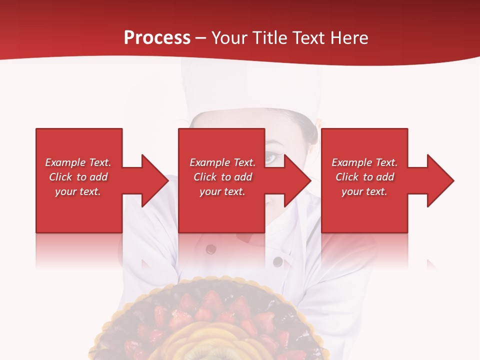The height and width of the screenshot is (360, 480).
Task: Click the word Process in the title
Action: click(157, 37)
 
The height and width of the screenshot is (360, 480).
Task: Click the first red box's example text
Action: click(78, 177)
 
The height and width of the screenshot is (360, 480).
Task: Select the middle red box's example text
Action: click(222, 177)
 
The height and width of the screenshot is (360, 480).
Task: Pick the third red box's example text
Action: click(364, 177)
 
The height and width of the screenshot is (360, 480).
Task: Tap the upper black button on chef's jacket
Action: click(210, 249)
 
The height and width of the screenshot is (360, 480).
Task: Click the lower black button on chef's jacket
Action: click(276, 261)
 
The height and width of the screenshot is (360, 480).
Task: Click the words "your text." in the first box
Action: click(78, 191)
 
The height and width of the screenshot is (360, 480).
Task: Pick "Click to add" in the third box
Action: click(364, 177)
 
